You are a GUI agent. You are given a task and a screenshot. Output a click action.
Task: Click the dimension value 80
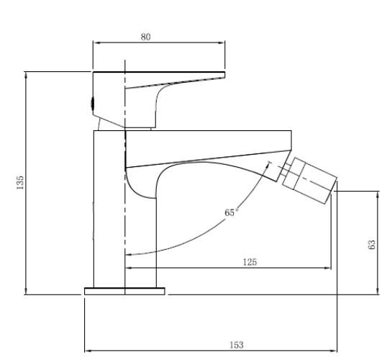pos(146,37)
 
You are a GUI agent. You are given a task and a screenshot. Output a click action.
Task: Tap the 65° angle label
pos(229,212)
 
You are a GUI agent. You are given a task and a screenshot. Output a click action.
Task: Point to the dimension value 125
pos(250,261)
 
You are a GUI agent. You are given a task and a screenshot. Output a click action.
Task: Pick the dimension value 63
pos(371,245)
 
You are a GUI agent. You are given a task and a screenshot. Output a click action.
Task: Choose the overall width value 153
pos(236,345)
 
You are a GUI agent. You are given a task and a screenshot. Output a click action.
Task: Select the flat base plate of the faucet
pos(124,291)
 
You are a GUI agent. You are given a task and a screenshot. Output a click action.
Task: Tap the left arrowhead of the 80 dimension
pos(95,43)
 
